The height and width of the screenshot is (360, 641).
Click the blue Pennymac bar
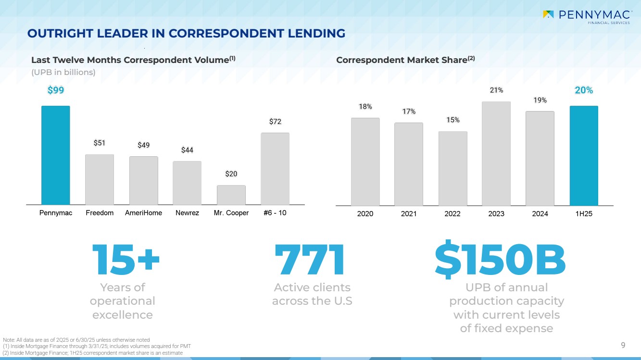[x=55, y=155]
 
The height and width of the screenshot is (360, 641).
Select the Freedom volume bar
[x=100, y=180]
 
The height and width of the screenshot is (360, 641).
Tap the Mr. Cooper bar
[x=231, y=195]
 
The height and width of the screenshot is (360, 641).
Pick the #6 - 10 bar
[x=275, y=169]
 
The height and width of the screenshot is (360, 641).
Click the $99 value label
[x=56, y=90]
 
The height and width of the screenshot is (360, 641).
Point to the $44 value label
[x=187, y=150]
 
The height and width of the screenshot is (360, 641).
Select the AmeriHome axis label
[x=143, y=213]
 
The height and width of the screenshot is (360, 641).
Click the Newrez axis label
[x=188, y=213]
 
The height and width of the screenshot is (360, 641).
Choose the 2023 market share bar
[x=496, y=153]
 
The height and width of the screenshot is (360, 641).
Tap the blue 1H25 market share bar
[x=584, y=156]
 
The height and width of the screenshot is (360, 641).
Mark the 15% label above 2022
[x=452, y=120]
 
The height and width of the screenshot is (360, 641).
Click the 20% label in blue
[x=584, y=90]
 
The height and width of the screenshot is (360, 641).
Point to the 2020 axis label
[x=365, y=213]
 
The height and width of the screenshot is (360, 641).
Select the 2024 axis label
[x=540, y=213]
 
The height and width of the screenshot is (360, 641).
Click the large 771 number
[x=310, y=260]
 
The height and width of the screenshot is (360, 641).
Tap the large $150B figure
[x=500, y=260]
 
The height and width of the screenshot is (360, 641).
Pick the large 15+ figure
[x=125, y=260]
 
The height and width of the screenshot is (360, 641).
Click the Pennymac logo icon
[x=548, y=14]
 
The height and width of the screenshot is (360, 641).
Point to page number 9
[x=623, y=345]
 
